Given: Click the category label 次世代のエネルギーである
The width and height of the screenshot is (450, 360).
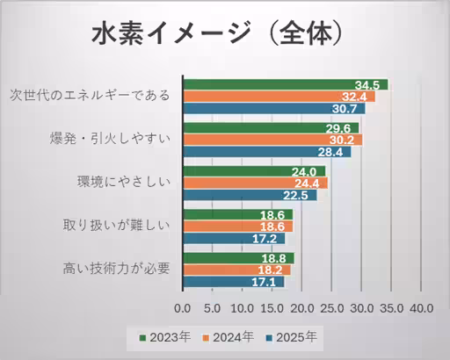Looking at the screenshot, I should click(90, 96).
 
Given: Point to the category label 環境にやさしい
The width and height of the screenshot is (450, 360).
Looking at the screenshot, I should click(122, 183).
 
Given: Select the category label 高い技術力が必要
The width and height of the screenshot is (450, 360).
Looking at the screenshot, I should click(116, 269).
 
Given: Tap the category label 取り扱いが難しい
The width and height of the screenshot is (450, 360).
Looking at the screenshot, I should click(116, 226).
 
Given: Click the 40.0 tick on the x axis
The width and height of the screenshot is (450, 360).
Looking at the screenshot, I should click(421, 308).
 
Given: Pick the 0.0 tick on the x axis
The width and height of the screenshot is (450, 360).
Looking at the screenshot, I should click(183, 308).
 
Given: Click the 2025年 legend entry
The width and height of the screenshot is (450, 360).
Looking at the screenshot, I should click(293, 336).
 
